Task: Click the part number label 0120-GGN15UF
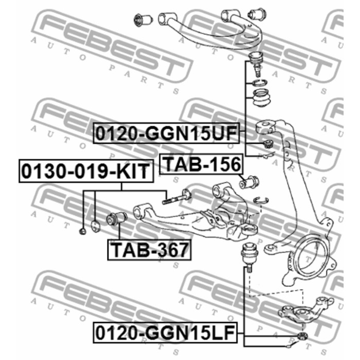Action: (166, 133)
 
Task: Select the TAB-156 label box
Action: (201, 164)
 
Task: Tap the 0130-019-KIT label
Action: (86, 171)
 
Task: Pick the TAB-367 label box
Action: (149, 250)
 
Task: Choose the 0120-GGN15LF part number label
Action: (165, 333)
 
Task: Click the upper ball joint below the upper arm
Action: (257, 64)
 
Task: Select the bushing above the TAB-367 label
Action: (117, 219)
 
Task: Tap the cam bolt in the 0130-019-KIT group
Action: (176, 197)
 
